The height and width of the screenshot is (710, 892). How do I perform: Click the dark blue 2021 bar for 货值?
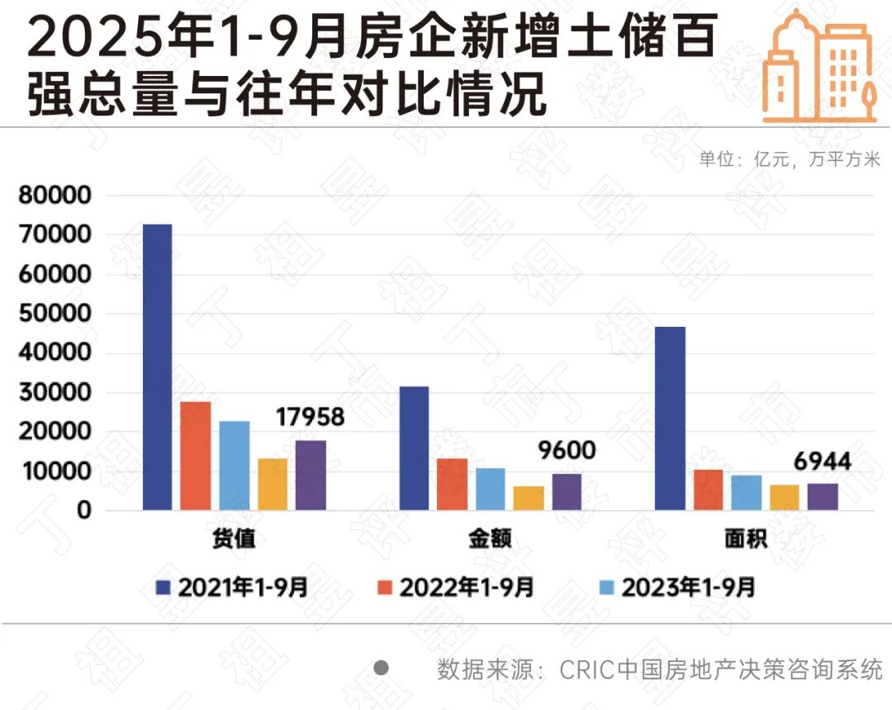pos(157,367)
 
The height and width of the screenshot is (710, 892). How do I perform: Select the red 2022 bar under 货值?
pos(196,456)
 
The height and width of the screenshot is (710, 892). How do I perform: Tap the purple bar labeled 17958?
pos(311,476)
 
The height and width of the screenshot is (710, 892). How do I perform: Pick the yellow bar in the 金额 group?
pos(529,498)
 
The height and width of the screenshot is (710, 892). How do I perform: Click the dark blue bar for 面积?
pos(670,419)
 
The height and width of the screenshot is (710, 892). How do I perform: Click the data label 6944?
pos(823,461)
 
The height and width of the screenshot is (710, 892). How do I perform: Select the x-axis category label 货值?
pos(234,540)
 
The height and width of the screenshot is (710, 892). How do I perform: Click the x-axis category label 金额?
pos(490,540)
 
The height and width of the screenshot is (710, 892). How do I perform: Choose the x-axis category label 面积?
pos(746,540)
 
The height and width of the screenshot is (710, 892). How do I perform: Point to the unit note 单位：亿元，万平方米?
pos(790,160)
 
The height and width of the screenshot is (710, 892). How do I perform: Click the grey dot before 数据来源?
pos(381,668)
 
